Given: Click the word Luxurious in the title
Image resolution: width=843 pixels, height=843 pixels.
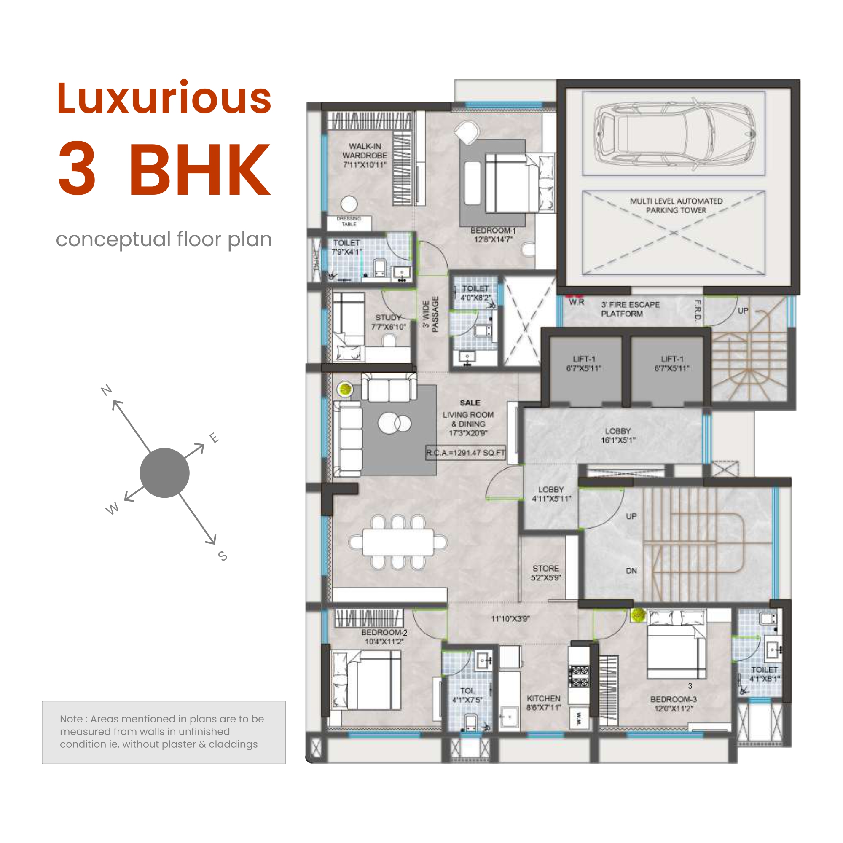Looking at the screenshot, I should tap(164, 98).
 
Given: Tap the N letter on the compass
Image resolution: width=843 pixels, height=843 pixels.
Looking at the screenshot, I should tap(107, 389).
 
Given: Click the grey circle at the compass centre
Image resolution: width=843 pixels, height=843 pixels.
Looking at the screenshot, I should tap(164, 473).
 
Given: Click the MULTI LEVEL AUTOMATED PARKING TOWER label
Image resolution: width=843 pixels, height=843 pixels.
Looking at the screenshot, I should tap(676, 206).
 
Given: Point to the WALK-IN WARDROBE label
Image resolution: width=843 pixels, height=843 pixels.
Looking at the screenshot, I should tap(364, 156).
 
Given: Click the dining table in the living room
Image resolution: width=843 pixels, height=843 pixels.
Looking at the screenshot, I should tap(398, 542).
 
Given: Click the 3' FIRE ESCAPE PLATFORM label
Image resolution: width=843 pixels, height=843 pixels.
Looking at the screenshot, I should tap(630, 309).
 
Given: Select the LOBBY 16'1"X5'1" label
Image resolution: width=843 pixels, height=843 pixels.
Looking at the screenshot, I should tap(617, 435).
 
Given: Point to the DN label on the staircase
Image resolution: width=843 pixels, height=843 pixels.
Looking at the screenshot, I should tap(631, 571).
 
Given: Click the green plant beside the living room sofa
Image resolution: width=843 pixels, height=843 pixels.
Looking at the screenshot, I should tap(345, 389).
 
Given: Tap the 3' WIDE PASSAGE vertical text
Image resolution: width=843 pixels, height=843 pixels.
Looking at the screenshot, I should tap(430, 314).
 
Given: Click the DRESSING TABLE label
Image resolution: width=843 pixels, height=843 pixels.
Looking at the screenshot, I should tap(349, 221).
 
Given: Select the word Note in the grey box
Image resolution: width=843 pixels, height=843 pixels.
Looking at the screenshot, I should tap(71, 719).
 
